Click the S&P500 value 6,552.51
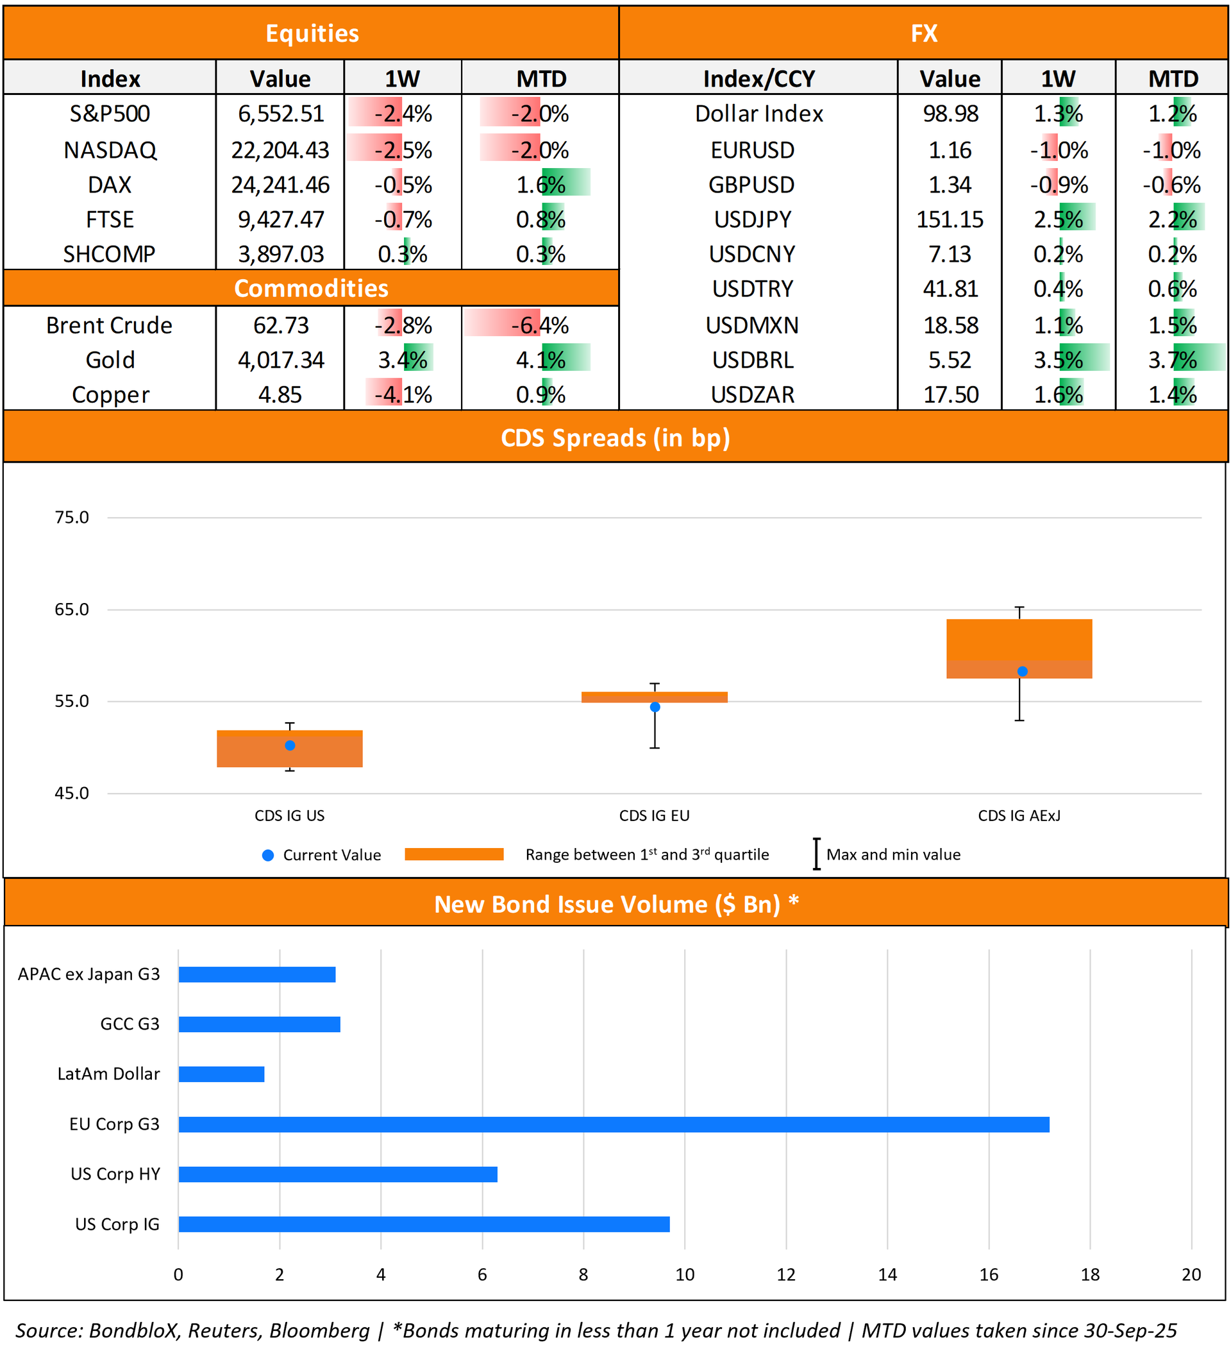281,114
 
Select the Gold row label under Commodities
110,361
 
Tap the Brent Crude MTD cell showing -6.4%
539,326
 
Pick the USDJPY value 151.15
950,219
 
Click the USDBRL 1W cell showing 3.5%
1058,361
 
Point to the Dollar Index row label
759,114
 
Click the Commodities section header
311,288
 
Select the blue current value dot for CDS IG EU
655,708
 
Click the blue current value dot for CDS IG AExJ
1022,672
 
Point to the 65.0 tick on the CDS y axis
71,609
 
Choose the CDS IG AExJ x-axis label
1019,816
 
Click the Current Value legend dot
268,856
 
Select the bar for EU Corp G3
614,1125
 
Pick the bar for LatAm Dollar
222,1074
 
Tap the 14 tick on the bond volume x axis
887,1275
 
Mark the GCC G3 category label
130,1024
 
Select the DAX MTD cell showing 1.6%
540,185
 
